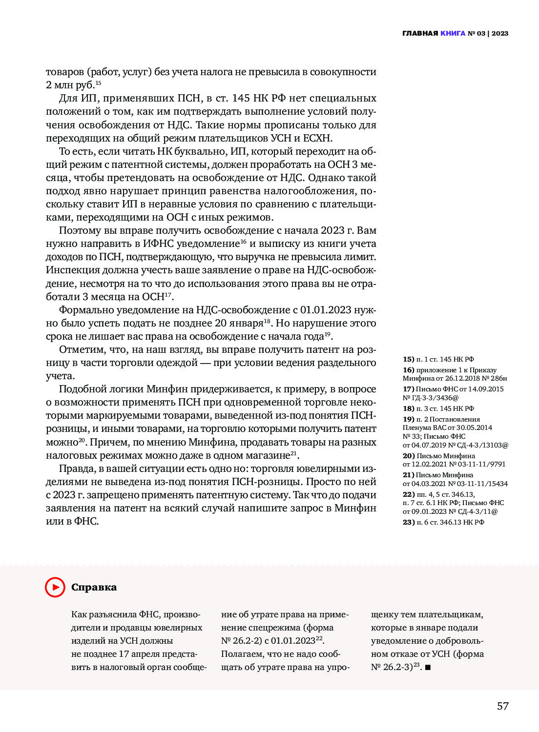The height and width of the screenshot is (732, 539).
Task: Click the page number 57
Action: pyautogui.click(x=502, y=706)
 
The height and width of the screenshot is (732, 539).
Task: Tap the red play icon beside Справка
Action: pyautogui.click(x=55, y=587)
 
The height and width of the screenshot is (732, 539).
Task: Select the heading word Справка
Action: pyautogui.click(x=94, y=587)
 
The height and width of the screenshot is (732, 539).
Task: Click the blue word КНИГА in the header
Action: pyautogui.click(x=453, y=34)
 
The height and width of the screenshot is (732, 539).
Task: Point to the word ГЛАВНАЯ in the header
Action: pyautogui.click(x=420, y=34)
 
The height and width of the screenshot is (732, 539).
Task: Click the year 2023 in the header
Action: pyautogui.click(x=500, y=34)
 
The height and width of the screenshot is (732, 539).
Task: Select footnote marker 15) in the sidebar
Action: pyautogui.click(x=409, y=359)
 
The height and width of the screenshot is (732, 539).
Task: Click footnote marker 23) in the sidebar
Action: pyautogui.click(x=409, y=522)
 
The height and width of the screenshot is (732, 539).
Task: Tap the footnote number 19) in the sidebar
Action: pyautogui.click(x=409, y=419)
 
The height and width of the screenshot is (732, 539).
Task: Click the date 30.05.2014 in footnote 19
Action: pyautogui.click(x=474, y=427)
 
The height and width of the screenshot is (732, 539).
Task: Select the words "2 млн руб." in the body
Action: pyautogui.click(x=70, y=85)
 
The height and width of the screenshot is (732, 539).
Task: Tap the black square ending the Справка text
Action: pyautogui.click(x=428, y=667)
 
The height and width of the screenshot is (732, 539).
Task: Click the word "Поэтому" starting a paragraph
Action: pyautogui.click(x=80, y=230)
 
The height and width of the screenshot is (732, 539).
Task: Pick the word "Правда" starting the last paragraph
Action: pyautogui.click(x=76, y=468)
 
